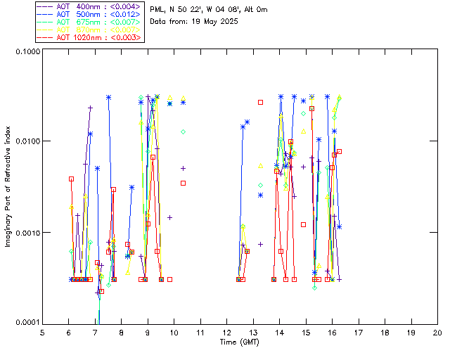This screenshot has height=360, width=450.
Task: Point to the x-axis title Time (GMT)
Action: click(240, 342)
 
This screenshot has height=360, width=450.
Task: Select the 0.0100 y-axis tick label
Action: click(26, 142)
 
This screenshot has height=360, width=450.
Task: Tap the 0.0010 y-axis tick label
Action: click(26, 233)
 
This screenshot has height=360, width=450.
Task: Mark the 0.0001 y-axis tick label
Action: click(26, 323)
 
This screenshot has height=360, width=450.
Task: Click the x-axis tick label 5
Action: click(42, 333)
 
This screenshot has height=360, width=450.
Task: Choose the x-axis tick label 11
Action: click(200, 333)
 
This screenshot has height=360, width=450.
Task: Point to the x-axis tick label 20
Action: click(437, 333)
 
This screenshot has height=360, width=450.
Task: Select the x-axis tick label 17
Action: click(359, 333)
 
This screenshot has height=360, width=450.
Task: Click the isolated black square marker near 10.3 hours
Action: click(183, 183)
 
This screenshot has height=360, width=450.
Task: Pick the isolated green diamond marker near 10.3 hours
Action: click(183, 131)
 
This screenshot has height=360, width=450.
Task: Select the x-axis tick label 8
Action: click(121, 333)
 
